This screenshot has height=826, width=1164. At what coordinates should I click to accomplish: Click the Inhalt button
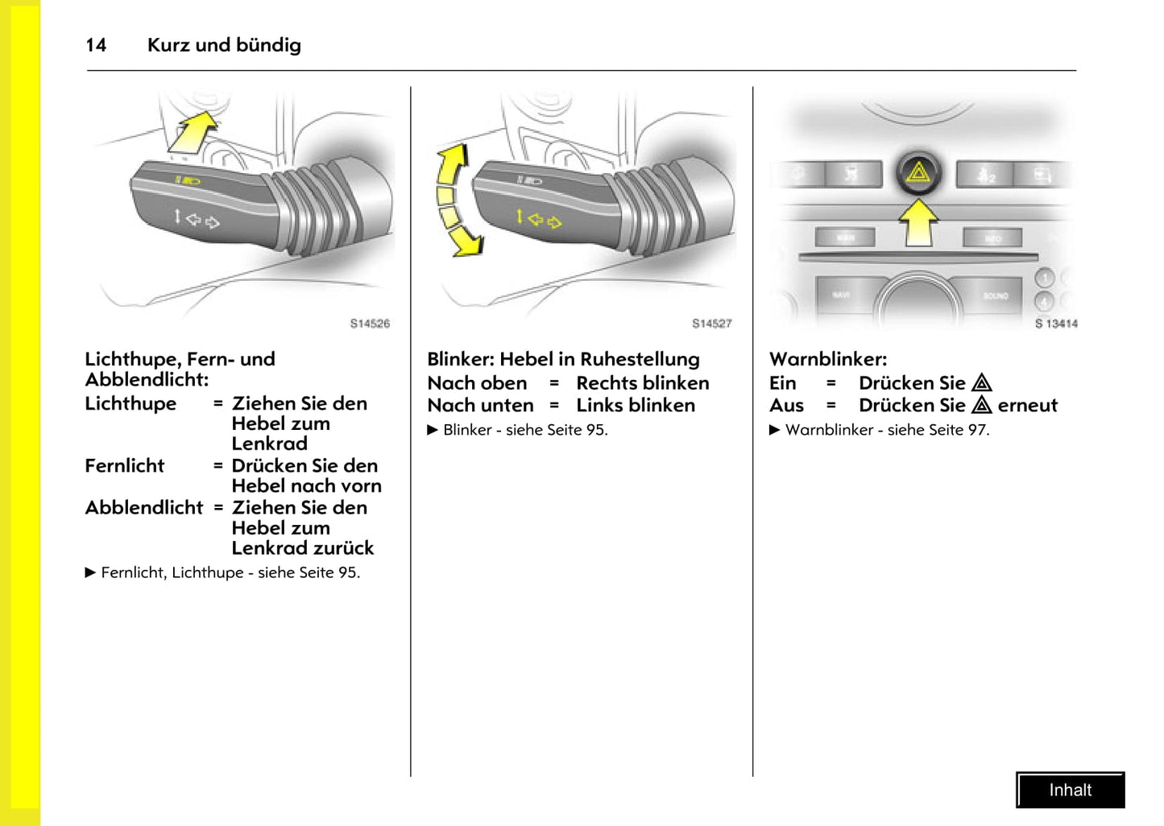(x=1070, y=790)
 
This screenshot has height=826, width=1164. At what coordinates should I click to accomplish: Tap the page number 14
(x=96, y=45)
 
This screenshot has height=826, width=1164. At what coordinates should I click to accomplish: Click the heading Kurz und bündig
(x=224, y=45)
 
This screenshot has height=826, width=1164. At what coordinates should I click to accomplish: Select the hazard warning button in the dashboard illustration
(x=918, y=172)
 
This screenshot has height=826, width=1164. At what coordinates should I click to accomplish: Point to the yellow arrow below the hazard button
(x=918, y=221)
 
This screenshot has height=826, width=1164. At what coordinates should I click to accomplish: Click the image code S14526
(x=370, y=324)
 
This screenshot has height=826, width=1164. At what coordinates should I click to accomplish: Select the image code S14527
(x=712, y=324)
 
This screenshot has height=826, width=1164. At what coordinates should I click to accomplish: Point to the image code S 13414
(x=1055, y=324)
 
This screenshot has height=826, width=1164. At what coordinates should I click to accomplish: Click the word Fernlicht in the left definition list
(x=125, y=466)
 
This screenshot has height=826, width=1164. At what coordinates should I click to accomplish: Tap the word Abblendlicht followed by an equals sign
(x=144, y=508)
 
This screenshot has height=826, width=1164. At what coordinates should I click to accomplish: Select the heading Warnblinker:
(x=828, y=359)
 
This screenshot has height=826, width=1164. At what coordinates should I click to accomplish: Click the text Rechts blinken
(x=643, y=383)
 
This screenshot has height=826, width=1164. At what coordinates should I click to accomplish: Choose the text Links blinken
(x=636, y=406)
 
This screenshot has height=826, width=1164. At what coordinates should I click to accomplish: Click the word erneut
(x=1027, y=406)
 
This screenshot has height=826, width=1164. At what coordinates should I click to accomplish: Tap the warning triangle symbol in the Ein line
(x=981, y=383)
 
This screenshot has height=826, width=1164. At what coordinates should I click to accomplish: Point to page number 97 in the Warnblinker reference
(x=976, y=430)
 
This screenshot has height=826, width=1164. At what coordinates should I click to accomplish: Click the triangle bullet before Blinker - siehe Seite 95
(x=433, y=430)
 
